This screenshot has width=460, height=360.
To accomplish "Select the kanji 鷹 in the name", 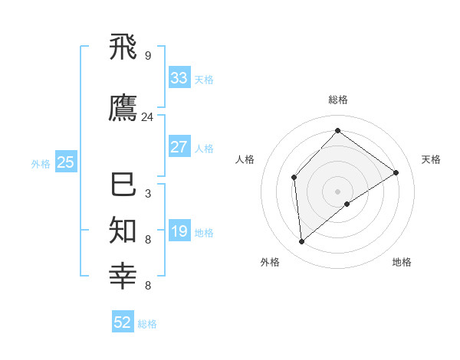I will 123,108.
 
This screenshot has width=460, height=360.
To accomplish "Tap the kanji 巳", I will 123,185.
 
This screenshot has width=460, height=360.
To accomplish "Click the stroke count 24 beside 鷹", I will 148,117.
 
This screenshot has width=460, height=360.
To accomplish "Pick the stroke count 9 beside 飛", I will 148,56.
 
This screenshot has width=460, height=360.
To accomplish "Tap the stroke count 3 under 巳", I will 148,194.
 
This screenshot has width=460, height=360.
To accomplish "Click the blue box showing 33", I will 179,78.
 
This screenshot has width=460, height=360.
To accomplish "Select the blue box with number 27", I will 179,147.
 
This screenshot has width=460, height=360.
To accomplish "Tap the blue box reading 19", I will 179,231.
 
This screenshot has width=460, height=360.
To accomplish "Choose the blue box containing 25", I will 65,162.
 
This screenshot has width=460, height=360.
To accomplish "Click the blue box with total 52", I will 123,322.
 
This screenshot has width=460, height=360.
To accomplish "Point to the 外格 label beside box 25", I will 41,163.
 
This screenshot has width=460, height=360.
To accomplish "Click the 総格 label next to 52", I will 147,324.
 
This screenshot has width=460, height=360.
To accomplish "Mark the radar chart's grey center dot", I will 337,191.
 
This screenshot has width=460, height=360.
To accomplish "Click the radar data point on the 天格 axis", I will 396,172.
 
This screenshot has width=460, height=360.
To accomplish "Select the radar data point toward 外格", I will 302,241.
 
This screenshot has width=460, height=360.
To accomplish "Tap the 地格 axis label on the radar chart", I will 402,262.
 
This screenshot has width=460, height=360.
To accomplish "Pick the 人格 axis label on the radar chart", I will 245,159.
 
